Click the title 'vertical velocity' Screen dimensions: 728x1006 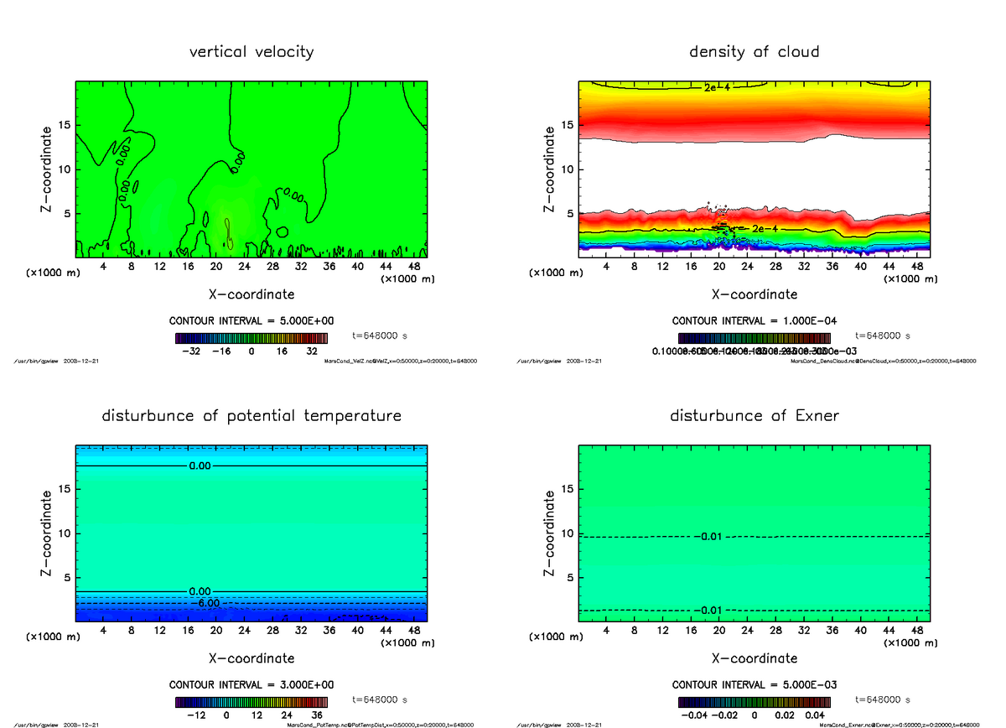coord(251,52)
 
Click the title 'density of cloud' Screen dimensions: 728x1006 coord(754,52)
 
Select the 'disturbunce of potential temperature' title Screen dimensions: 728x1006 coord(251,416)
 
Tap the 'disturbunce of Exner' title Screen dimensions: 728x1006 coord(754,416)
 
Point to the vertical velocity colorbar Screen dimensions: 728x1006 coord(251,339)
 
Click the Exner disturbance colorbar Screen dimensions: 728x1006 coord(754,703)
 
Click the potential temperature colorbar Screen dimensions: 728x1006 coord(251,703)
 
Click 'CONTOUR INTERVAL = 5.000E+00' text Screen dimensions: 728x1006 coord(251,320)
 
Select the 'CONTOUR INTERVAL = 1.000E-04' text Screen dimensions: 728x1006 coord(754,320)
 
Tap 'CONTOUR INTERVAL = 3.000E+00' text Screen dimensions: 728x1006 coord(251,684)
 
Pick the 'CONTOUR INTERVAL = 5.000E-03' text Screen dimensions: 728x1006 coord(754,684)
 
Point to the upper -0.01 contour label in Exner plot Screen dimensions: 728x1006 coord(709,537)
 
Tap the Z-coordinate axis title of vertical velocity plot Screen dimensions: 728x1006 coord(49,169)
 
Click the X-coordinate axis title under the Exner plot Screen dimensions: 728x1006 coord(754,658)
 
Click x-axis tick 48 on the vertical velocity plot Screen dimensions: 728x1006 coord(413,267)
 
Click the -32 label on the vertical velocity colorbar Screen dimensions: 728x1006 coord(194,352)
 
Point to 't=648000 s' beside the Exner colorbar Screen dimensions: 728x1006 coord(883,699)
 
